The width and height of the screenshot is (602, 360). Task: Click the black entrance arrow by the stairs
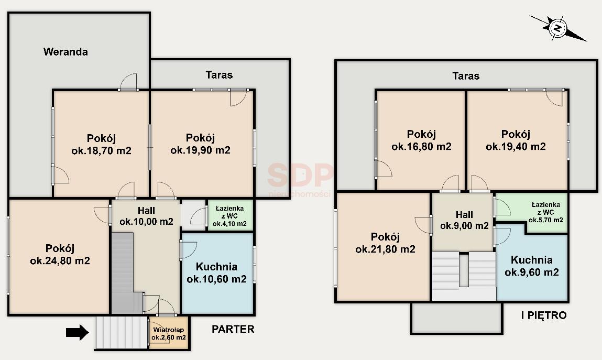(77, 332)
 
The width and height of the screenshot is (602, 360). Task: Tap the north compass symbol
(558, 28)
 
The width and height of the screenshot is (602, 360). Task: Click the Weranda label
(65, 51)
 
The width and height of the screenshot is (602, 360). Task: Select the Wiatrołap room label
(169, 330)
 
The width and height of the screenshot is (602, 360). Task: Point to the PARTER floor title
(233, 329)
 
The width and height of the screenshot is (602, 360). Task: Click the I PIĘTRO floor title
(544, 315)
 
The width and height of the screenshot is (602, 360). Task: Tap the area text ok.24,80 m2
(60, 261)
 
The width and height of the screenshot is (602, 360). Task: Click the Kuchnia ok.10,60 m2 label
(216, 273)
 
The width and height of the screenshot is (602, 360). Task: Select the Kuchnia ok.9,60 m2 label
(532, 266)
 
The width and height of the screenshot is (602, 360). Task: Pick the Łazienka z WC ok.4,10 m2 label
(229, 216)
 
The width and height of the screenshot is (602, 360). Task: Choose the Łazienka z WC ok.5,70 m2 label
(545, 212)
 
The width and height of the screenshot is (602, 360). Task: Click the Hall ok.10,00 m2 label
(146, 216)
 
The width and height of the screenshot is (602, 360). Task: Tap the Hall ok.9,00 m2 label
(464, 220)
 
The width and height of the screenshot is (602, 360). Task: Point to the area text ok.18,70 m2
(101, 151)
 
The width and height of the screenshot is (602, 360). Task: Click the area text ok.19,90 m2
(201, 150)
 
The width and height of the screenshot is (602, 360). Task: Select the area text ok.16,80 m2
(422, 147)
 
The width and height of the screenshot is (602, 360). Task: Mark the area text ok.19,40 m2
(516, 147)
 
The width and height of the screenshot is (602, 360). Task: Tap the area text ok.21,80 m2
(386, 249)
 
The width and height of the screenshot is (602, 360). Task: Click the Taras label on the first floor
(466, 75)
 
